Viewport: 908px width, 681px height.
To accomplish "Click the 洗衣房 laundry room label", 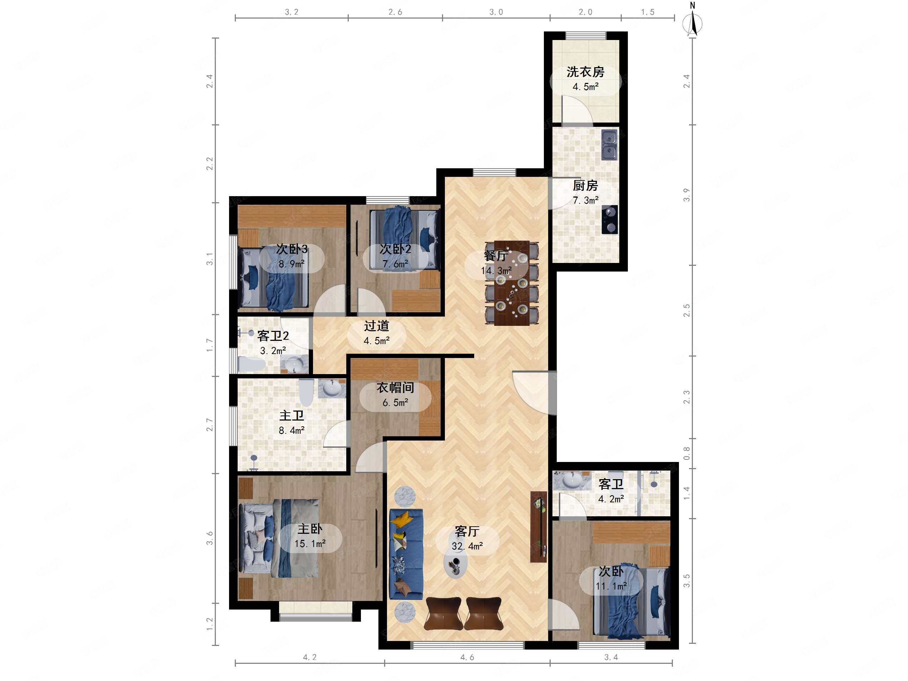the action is coord(585,72).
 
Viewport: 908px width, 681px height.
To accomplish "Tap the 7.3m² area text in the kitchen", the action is coord(585,200).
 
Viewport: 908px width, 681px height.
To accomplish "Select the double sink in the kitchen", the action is coord(609,145).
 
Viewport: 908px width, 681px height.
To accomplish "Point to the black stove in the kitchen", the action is coord(610,220).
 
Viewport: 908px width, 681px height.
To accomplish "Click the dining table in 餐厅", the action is coord(511,283).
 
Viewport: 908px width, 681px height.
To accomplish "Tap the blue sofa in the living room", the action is coord(406,554).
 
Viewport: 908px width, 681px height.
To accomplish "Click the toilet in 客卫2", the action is coord(252,364).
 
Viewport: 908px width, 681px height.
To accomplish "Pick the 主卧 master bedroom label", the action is coord(310,529).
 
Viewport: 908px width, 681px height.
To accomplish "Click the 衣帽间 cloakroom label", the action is coord(395,388).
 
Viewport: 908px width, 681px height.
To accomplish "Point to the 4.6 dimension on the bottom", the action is coord(467,657).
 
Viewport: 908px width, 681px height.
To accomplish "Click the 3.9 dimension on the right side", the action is coord(686,195).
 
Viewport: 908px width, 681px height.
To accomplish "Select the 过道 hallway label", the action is coord(376,326).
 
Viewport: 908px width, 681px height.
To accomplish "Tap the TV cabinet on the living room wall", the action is coord(539,527).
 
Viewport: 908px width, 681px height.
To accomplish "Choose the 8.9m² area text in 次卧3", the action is coord(292,264).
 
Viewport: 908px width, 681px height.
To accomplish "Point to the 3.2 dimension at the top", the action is coord(292,12).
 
